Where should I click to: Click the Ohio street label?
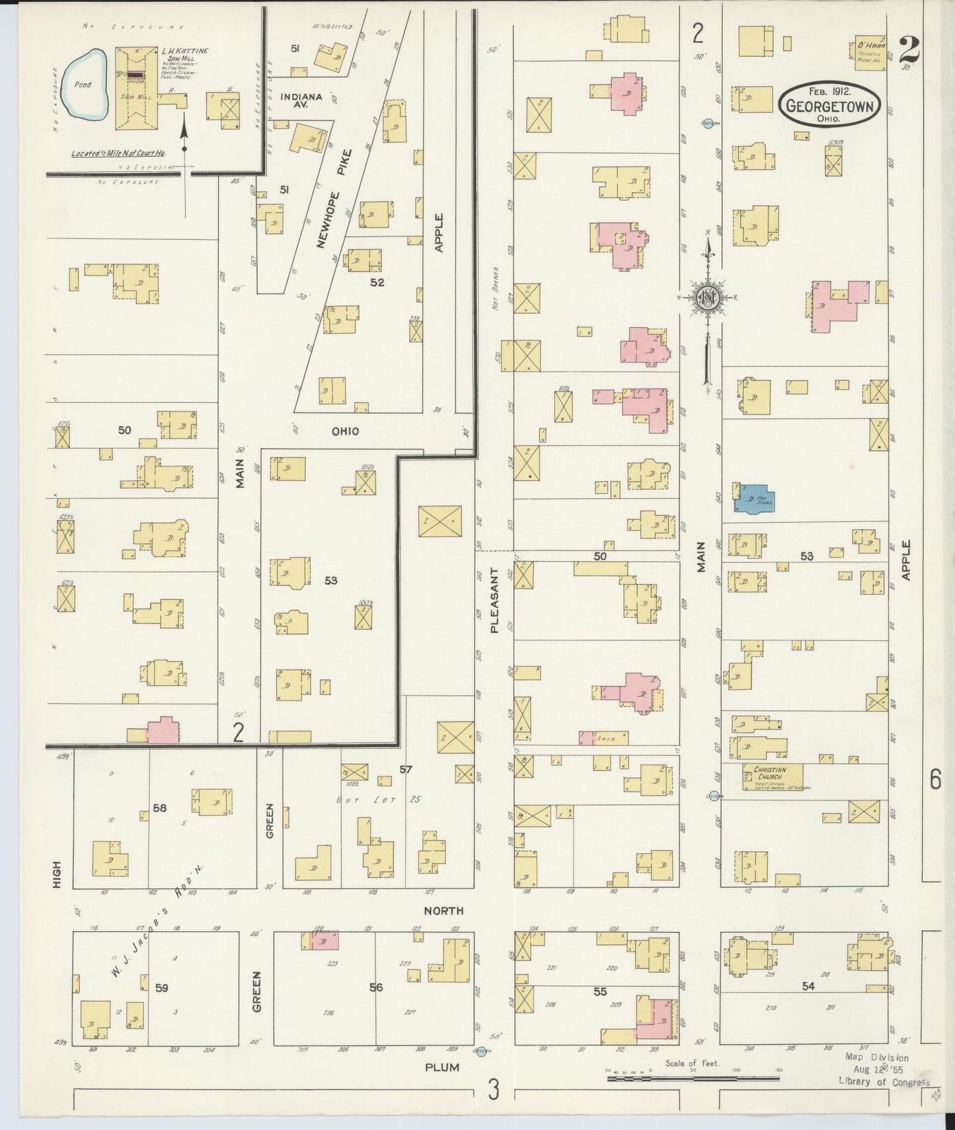[345, 431]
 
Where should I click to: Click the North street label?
[443, 911]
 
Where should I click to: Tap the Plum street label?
[442, 1067]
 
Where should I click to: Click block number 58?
[159, 808]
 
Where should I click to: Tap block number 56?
[375, 987]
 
